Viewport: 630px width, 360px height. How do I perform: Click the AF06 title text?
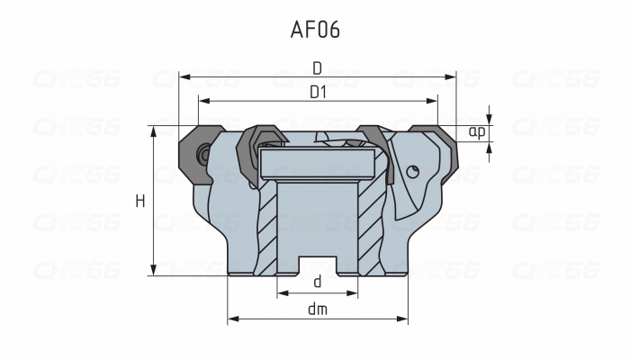pyautogui.click(x=315, y=30)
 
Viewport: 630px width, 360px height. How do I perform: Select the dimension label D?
pyautogui.click(x=317, y=67)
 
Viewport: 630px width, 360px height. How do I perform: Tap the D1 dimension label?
pyautogui.click(x=317, y=91)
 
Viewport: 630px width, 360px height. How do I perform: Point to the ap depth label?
pyautogui.click(x=478, y=132)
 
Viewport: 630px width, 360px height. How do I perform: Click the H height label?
pyautogui.click(x=139, y=202)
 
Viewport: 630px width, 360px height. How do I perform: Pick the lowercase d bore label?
pyautogui.click(x=317, y=282)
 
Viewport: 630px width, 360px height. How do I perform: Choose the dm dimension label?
pyautogui.click(x=317, y=309)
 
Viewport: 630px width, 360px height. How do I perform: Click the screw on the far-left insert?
pyautogui.click(x=206, y=154)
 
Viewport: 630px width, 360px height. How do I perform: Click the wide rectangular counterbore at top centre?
pyautogui.click(x=317, y=163)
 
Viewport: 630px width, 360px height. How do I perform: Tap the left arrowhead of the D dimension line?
pyautogui.click(x=183, y=77)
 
